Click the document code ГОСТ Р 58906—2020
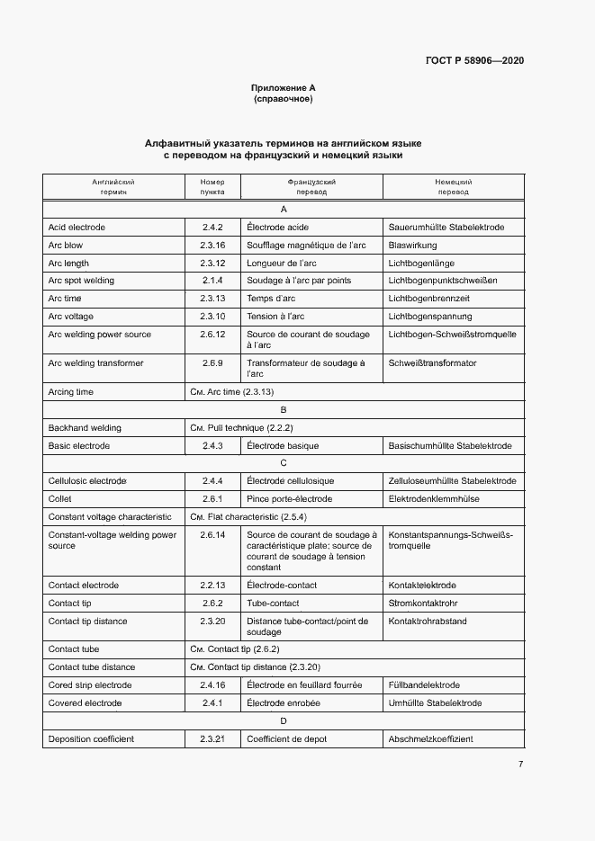(x=474, y=60)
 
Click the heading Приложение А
(x=284, y=88)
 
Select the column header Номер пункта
(x=212, y=186)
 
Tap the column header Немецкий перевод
(x=453, y=186)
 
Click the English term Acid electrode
(x=77, y=228)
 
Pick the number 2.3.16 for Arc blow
(x=212, y=246)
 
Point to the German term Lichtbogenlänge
(x=421, y=264)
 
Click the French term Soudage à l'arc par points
(x=299, y=281)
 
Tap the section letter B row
(x=284, y=410)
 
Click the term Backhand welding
(x=85, y=428)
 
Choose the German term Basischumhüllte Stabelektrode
(x=449, y=446)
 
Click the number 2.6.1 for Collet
(x=212, y=499)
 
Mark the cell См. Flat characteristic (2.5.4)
(x=248, y=517)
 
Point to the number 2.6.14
(x=212, y=535)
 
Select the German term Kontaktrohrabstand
(x=428, y=622)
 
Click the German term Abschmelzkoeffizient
(x=430, y=739)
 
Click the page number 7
(x=520, y=765)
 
